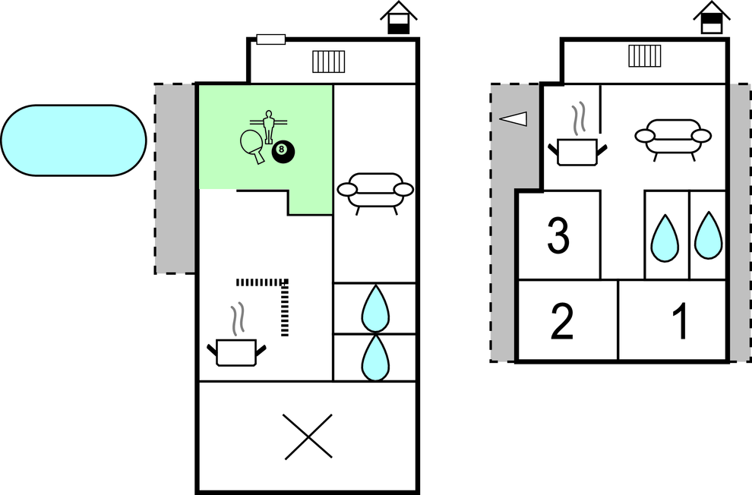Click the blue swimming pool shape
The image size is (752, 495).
click(74, 140)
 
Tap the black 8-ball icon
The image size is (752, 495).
click(283, 151)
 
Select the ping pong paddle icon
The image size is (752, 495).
click(252, 145)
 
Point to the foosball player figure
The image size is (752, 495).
click(269, 125)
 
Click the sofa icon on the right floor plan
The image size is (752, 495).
click(673, 139)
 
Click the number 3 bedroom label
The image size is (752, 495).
click(558, 235)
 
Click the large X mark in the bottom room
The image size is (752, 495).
click(308, 437)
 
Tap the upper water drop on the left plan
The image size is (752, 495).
click(375, 308)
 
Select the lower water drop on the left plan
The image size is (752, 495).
click(375, 358)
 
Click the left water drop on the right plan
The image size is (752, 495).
click(665, 238)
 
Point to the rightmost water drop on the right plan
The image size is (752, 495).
click(709, 236)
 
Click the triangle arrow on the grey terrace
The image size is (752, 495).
click(513, 119)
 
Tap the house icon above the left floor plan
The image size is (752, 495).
click(399, 17)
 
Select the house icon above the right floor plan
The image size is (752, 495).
click(712, 17)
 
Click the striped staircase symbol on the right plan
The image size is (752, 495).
click(645, 55)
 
